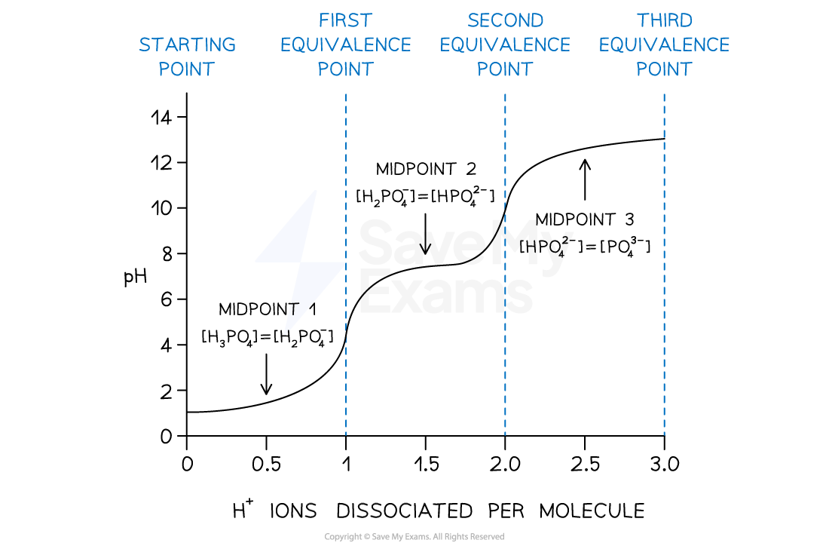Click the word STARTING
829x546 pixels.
pyautogui.click(x=187, y=45)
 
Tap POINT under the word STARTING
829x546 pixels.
pyautogui.click(x=187, y=69)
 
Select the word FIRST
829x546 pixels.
pyautogui.click(x=345, y=20)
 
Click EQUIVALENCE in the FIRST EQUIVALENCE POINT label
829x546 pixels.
pyautogui.click(x=345, y=45)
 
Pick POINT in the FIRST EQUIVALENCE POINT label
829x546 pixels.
pyautogui.click(x=345, y=69)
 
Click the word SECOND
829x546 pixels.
pyautogui.click(x=505, y=20)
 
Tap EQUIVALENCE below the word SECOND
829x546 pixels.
pyautogui.click(x=505, y=45)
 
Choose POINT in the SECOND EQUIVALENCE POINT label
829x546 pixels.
pyautogui.click(x=505, y=69)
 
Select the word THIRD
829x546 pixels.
pyautogui.click(x=664, y=20)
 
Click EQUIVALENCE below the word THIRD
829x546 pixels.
pyautogui.click(x=664, y=45)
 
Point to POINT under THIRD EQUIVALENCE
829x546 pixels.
pyautogui.click(x=664, y=69)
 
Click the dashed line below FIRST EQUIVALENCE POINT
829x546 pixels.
pyautogui.click(x=346, y=377)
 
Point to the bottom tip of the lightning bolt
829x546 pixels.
pyautogui.click(x=286, y=332)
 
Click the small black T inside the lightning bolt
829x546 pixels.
pyautogui.click(x=295, y=308)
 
